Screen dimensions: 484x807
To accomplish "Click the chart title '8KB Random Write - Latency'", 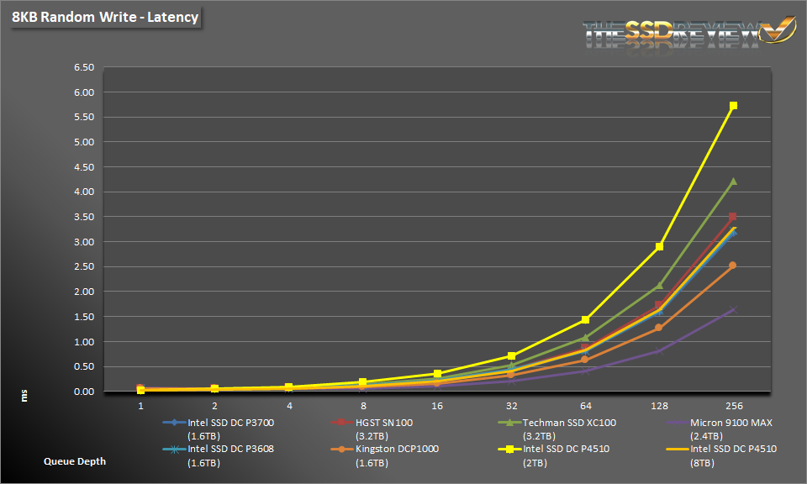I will (105, 17).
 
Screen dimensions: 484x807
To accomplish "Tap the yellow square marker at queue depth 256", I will (733, 106).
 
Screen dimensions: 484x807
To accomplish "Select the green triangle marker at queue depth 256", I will (733, 181).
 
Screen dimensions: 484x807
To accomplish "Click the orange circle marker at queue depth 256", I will (733, 266).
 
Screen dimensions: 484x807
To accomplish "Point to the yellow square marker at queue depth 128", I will (659, 247).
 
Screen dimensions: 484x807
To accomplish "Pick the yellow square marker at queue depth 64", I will (585, 320).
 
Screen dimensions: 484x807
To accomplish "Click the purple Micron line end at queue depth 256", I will (733, 309).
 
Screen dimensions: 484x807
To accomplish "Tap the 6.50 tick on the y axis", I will (84, 67).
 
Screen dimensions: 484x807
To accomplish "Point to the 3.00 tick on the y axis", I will (84, 242).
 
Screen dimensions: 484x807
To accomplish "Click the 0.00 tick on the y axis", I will (84, 392).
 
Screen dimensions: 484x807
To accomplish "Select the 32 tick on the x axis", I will (511, 405).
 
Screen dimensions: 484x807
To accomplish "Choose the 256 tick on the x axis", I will (733, 405).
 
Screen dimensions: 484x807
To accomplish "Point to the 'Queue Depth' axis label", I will (75, 461).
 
